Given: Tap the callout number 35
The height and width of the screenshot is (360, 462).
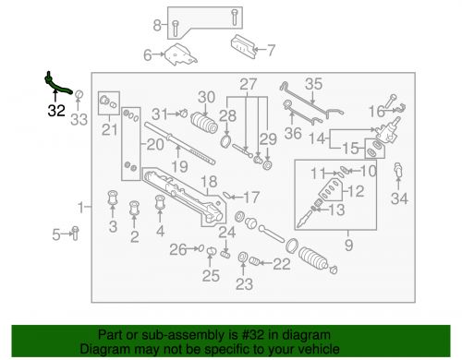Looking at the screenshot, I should click(313, 84).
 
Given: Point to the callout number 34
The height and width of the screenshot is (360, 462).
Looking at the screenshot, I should click(399, 198).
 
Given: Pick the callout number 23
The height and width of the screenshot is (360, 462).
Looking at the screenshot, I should click(243, 283).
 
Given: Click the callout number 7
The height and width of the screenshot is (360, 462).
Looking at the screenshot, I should click(271, 49).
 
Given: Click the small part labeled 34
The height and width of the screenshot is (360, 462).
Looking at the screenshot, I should click(399, 173).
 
